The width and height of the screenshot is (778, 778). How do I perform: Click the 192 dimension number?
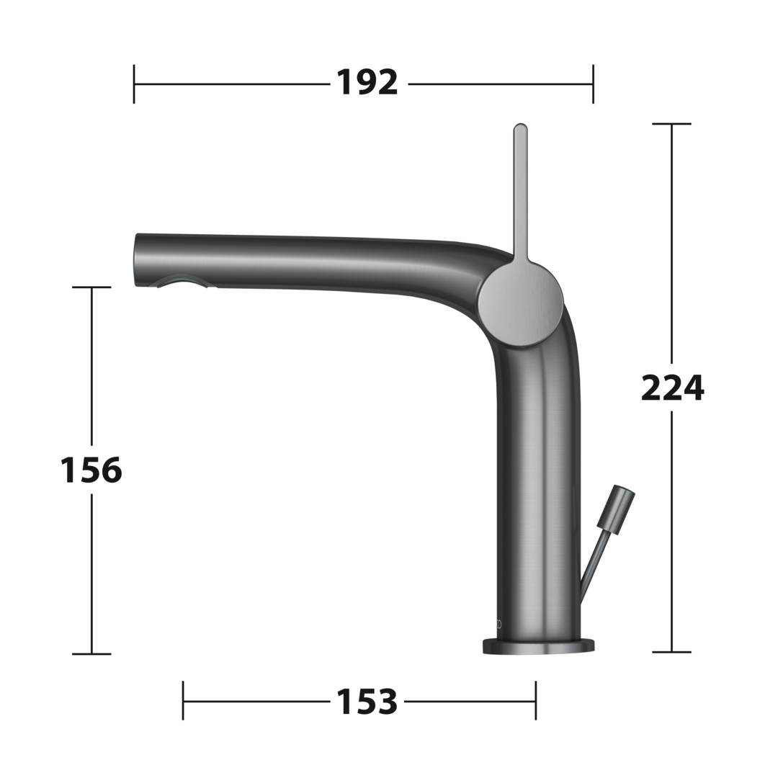367,83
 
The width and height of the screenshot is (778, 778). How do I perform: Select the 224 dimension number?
672,388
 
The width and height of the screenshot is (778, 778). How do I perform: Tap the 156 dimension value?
91,470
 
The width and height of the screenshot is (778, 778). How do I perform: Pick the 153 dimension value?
367,701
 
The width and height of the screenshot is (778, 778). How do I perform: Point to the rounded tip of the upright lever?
520,128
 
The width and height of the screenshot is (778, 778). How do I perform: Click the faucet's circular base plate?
538,646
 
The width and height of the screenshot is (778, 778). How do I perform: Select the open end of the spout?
137,261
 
